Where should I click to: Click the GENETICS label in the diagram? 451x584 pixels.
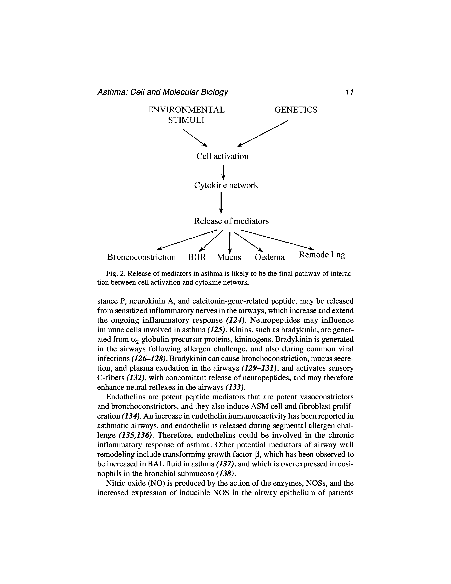click(x=296, y=110)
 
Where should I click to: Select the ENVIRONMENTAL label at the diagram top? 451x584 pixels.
click(x=186, y=110)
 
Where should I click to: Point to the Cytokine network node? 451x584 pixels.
click(x=226, y=185)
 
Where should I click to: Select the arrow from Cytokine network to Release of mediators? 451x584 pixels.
click(x=221, y=203)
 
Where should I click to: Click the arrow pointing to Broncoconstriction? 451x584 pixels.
click(x=187, y=239)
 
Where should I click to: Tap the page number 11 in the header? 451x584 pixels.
click(x=349, y=92)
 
